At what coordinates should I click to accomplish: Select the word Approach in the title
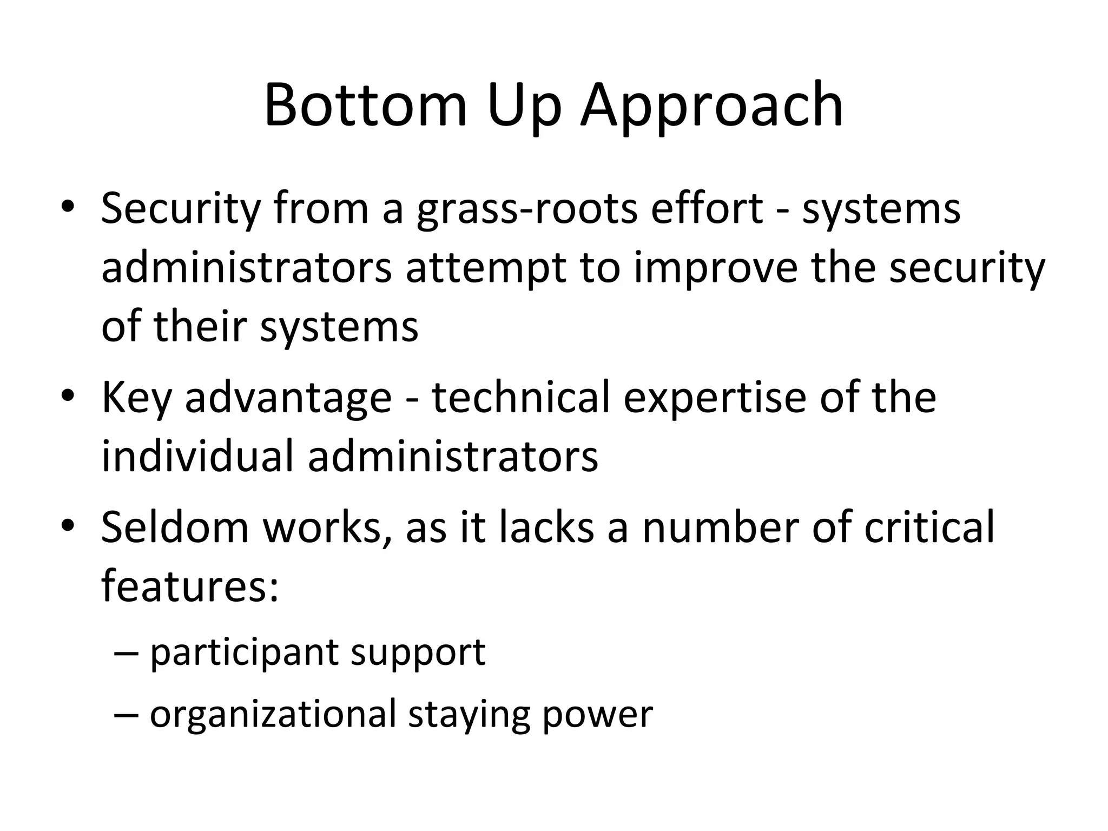(x=712, y=105)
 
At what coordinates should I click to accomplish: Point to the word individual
(x=197, y=456)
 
